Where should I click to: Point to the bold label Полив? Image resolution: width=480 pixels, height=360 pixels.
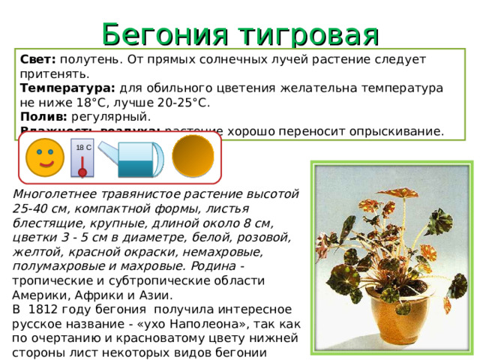coord(43,116)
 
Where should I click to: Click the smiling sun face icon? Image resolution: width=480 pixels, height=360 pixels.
coord(44,157)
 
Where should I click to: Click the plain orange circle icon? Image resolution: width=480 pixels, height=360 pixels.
coord(193,155)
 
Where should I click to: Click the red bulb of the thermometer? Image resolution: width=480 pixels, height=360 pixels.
coord(82,172)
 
